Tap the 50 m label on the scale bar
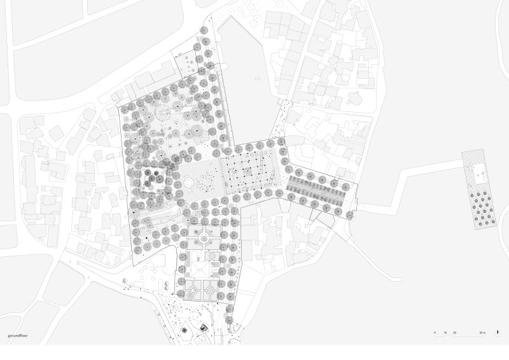pyautogui.click(x=482, y=333)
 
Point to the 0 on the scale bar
pyautogui.click(x=435, y=333)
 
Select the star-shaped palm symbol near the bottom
pyautogui.click(x=185, y=330)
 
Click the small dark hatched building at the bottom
pyautogui.click(x=204, y=327)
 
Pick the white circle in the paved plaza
pyautogui.click(x=190, y=183)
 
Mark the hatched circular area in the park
pyautogui.click(x=164, y=113)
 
